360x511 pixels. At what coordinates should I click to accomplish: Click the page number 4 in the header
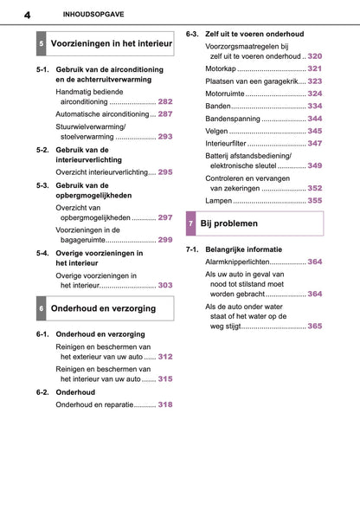click(x=29, y=14)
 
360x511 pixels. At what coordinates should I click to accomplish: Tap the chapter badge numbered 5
click(x=42, y=42)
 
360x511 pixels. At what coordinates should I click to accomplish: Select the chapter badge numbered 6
click(x=42, y=308)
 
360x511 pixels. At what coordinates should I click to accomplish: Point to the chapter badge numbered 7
click(x=191, y=224)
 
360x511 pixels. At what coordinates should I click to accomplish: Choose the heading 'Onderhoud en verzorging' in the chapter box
click(x=104, y=308)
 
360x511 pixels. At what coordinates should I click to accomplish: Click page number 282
click(x=165, y=101)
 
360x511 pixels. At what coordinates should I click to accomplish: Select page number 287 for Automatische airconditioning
click(x=165, y=113)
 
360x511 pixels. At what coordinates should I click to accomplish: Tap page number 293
click(x=165, y=137)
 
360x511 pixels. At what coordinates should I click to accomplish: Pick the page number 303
click(x=165, y=285)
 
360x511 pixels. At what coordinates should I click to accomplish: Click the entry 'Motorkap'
click(x=220, y=68)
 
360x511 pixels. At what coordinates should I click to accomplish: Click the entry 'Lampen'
click(x=219, y=200)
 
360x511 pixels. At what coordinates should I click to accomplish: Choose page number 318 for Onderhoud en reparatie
click(x=165, y=404)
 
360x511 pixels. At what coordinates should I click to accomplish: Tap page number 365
click(x=315, y=327)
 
